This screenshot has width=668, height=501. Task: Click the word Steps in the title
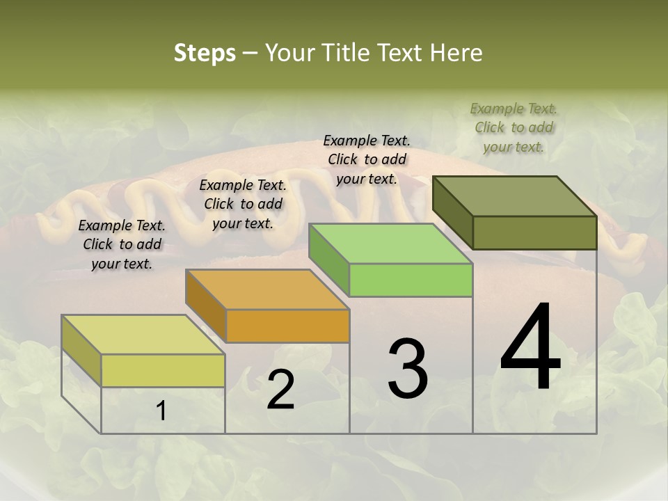click(x=205, y=53)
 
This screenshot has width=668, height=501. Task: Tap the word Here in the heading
click(x=455, y=53)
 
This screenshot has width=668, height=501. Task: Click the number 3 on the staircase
click(x=408, y=369)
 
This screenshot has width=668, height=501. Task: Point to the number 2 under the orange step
click(x=280, y=390)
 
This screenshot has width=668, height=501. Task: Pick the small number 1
click(x=161, y=411)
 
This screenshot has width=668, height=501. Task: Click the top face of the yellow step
click(x=143, y=335)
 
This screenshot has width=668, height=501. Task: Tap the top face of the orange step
click(x=267, y=289)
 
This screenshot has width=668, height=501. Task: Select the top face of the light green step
click(x=390, y=244)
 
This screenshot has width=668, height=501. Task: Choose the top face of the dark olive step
click(x=514, y=196)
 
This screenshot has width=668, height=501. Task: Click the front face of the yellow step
click(x=163, y=370)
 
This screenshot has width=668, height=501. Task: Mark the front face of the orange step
click(x=287, y=326)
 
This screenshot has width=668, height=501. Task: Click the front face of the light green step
click(x=411, y=280)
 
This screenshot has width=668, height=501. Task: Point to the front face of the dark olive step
click(x=534, y=232)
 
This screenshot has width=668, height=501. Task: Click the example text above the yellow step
click(x=122, y=244)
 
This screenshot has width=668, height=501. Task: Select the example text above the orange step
click(x=243, y=204)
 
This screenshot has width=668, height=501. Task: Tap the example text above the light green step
click(x=367, y=159)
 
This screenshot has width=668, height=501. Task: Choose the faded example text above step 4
click(x=514, y=127)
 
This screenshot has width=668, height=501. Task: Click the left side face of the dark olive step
click(x=452, y=212)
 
